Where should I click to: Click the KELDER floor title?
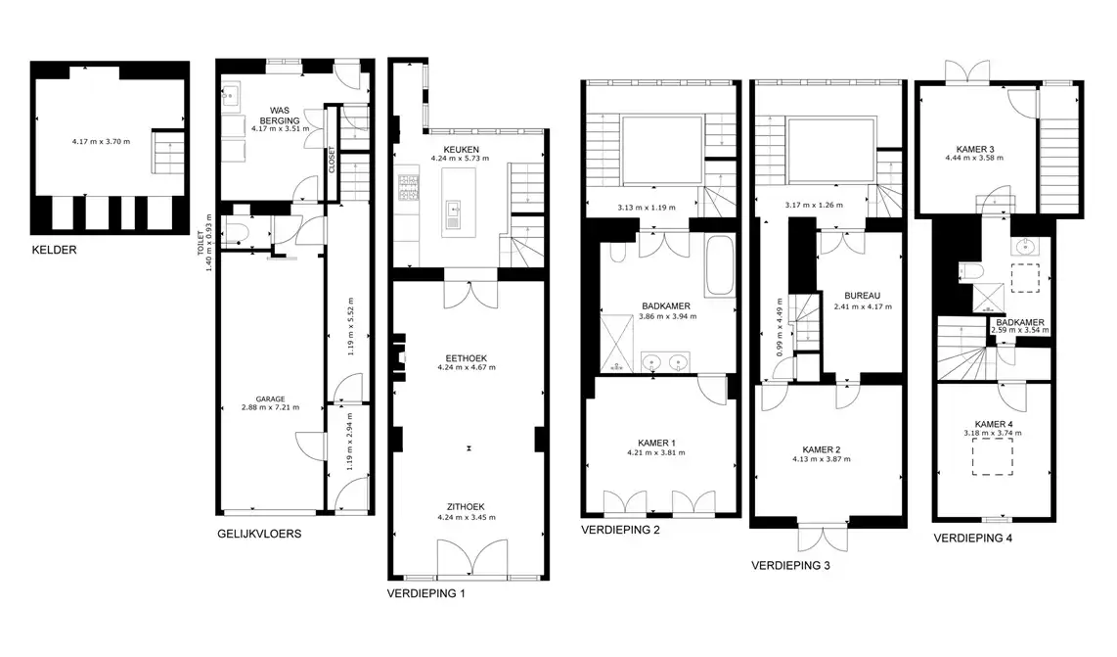pos(54,250)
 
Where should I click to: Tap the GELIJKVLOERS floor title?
pos(259,534)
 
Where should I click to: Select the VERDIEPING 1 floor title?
pos(426,592)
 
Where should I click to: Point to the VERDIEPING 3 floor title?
pos(790,566)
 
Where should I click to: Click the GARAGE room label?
pos(271,399)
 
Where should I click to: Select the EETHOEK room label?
pos(467,358)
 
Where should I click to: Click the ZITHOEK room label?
pos(467,507)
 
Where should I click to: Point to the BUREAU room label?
pos(863,296)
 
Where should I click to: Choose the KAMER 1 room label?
pos(657,443)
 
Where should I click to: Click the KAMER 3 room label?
pos(974,149)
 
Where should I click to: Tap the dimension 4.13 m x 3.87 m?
pos(822,459)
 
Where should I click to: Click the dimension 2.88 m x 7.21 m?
pos(271,408)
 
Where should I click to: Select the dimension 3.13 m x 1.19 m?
pos(647,208)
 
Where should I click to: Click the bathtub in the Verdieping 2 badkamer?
pos(720,265)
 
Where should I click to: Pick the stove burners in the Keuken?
pos(408,188)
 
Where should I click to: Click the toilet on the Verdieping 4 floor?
pos(971,272)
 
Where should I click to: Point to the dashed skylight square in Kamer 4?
pos(993,456)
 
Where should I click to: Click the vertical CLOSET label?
pos(332,160)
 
